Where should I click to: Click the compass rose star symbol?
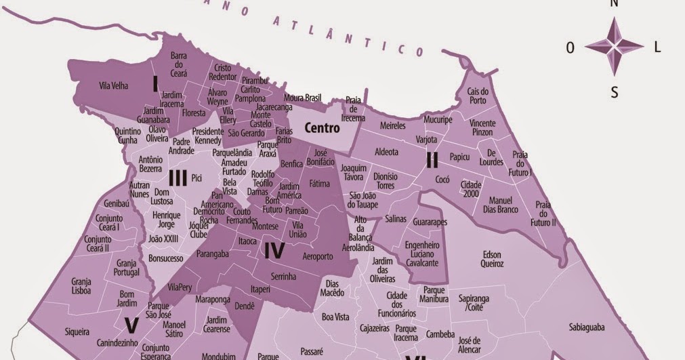coord(614,46)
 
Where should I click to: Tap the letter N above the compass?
coord(614,3)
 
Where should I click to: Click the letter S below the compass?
coord(614,94)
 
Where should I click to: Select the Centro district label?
coord(322,127)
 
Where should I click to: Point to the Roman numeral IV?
coord(274,251)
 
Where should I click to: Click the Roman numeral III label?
coord(178,178)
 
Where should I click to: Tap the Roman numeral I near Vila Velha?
coord(155,83)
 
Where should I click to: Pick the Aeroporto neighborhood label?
coord(318,256)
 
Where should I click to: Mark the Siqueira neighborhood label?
coord(77,332)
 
